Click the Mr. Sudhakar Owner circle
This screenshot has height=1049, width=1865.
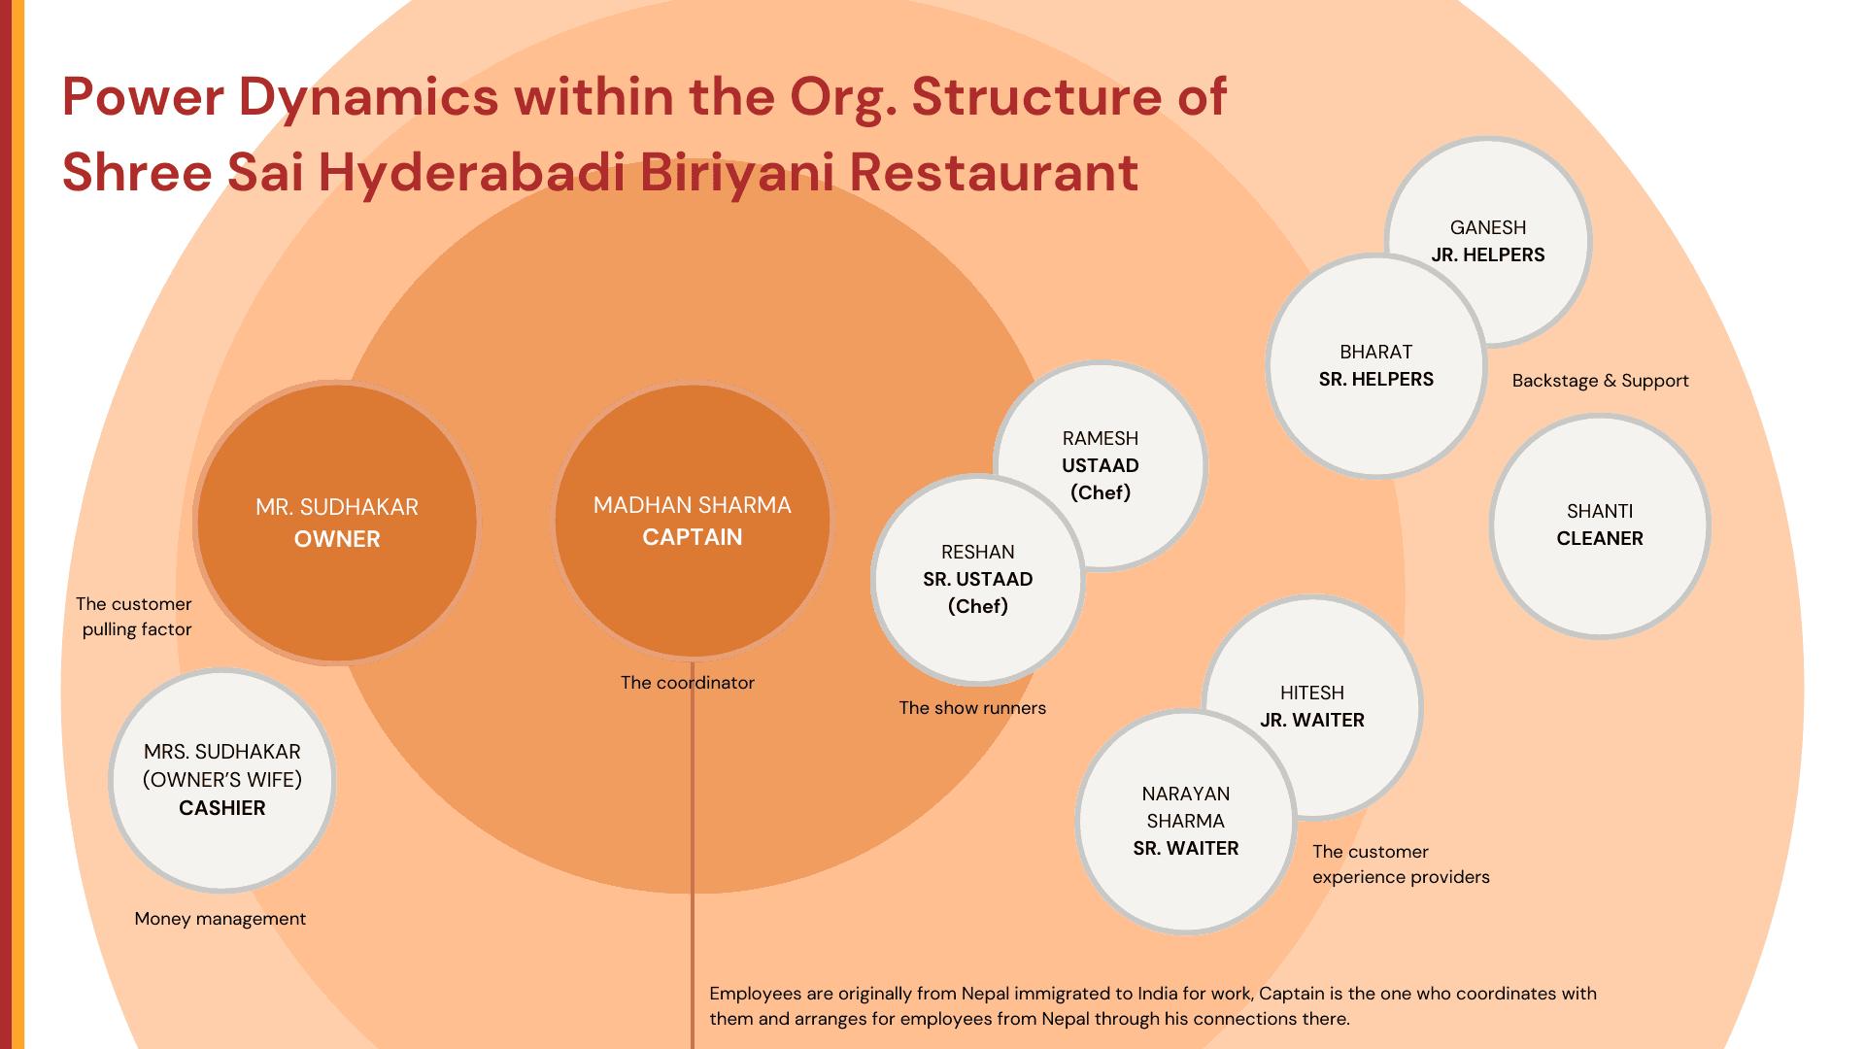click(337, 523)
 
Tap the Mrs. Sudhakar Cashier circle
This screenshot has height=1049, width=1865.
click(222, 780)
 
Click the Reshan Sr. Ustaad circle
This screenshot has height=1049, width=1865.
click(977, 579)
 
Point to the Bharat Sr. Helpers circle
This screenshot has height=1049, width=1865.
click(1375, 366)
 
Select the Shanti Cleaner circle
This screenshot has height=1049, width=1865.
click(1600, 525)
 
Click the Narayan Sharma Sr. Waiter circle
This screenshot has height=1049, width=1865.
click(1185, 822)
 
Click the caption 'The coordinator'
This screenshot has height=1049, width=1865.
click(688, 683)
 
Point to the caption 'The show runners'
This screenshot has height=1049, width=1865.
click(972, 708)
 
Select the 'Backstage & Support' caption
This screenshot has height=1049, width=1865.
click(1600, 381)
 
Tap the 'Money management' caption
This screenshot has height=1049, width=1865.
click(220, 919)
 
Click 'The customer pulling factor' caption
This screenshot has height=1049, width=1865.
click(135, 617)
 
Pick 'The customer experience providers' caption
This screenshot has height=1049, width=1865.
click(1400, 864)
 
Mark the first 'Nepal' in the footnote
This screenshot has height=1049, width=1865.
click(985, 994)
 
